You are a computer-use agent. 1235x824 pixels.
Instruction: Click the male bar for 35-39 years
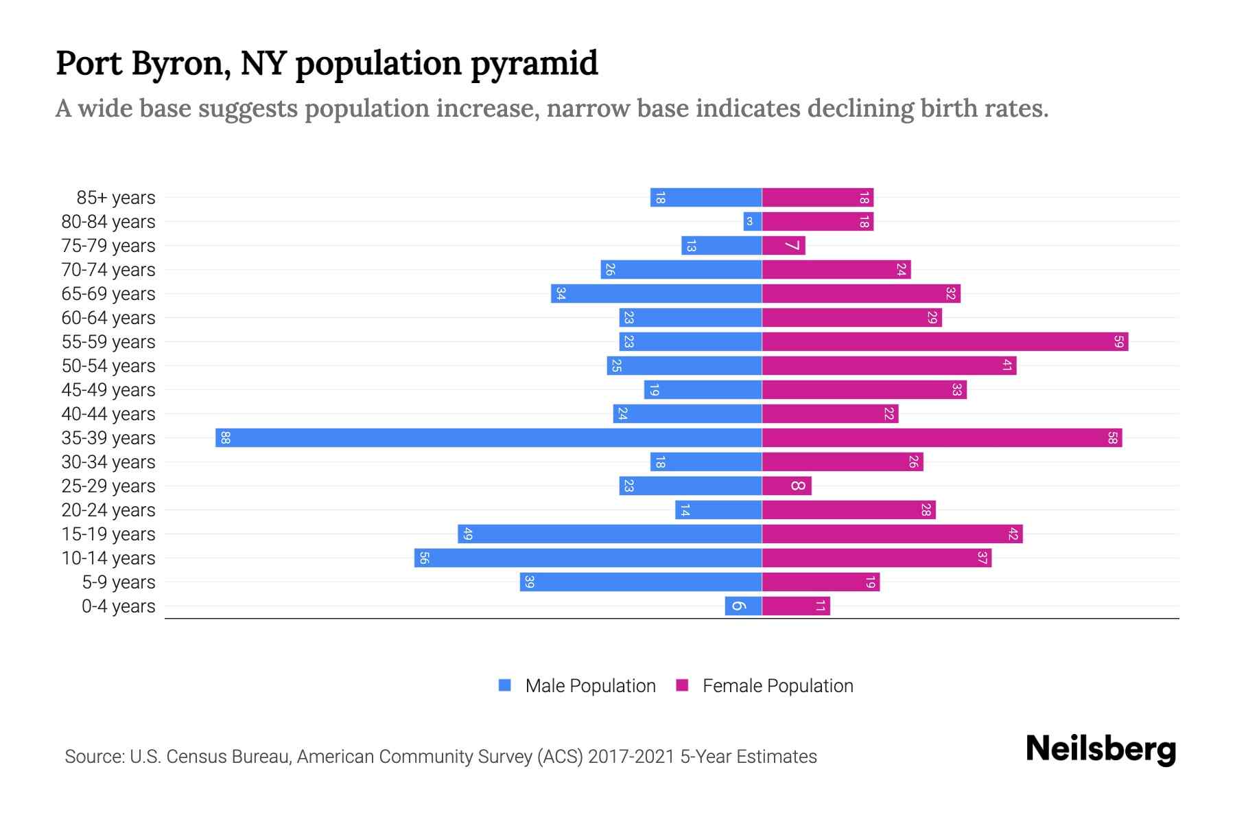point(489,438)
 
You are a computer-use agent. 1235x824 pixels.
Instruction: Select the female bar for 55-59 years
point(945,342)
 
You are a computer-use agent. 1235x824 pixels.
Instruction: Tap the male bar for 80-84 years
point(753,222)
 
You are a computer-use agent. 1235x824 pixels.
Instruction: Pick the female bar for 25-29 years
point(786,486)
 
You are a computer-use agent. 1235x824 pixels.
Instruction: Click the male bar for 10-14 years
point(588,558)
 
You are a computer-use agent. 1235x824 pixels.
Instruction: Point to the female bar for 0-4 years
point(796,606)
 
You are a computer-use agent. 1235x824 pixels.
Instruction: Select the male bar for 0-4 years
point(743,606)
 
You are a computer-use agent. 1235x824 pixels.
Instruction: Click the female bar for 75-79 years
point(784,246)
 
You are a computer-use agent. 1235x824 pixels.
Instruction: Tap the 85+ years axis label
point(116,198)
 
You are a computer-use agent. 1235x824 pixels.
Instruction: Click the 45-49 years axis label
point(108,390)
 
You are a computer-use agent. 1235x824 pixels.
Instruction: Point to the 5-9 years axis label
point(119,582)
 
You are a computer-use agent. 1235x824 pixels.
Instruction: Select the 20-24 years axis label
point(108,510)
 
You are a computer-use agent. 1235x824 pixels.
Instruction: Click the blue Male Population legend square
point(505,685)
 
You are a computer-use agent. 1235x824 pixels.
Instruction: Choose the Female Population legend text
point(777,686)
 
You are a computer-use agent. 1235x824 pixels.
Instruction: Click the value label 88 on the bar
point(225,438)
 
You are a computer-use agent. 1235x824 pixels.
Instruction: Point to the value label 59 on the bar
point(1118,342)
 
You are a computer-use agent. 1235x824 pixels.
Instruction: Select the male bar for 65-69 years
point(656,294)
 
